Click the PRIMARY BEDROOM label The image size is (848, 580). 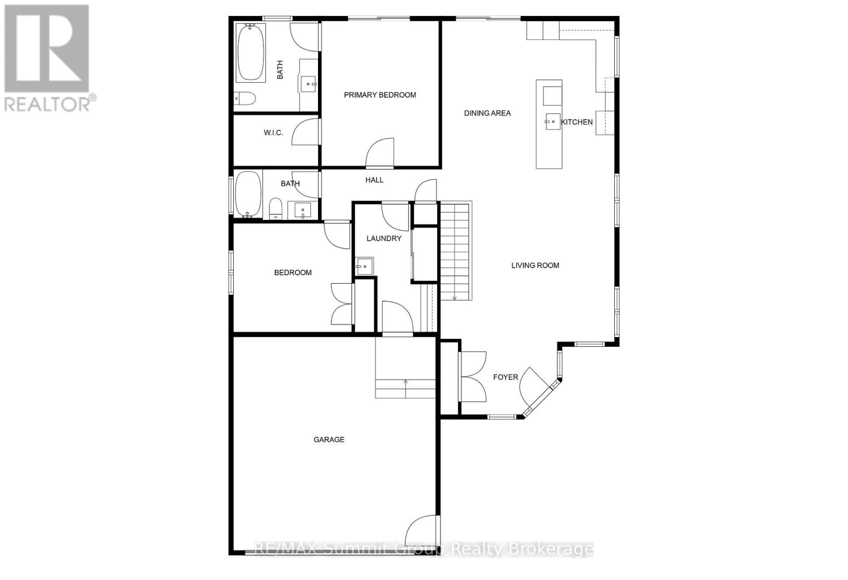(x=380, y=95)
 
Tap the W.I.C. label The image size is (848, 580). (x=273, y=133)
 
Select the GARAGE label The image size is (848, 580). (x=329, y=440)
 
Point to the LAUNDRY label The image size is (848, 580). (x=384, y=239)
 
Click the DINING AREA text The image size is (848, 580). (x=488, y=113)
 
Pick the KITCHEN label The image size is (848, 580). (x=577, y=122)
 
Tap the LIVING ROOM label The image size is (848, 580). (x=535, y=266)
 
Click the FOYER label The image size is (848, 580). (x=506, y=377)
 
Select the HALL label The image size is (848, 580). (x=374, y=180)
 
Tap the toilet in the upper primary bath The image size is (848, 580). (x=245, y=98)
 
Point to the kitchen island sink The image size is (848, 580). (x=553, y=121)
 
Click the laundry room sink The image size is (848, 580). (x=365, y=266)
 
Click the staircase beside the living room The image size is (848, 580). (x=455, y=251)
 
